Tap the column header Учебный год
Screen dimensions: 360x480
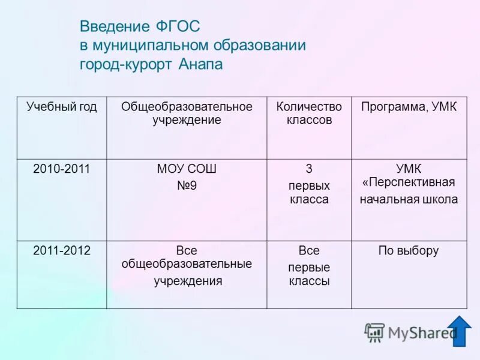click(x=61, y=107)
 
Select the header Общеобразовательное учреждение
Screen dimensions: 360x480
click(x=187, y=113)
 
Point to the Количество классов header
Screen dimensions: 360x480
click(x=309, y=113)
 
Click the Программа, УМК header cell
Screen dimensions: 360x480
click(x=409, y=107)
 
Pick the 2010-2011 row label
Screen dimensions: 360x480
click(x=61, y=169)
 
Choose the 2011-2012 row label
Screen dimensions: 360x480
click(x=61, y=251)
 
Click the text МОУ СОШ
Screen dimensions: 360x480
click(x=187, y=169)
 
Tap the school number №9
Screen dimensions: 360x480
click(x=187, y=186)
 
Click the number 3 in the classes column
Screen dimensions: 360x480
click(x=309, y=169)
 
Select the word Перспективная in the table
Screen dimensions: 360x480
click(x=411, y=182)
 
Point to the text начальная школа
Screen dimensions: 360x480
click(x=409, y=200)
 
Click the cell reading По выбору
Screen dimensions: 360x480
click(x=409, y=251)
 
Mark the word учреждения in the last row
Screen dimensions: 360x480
click(x=187, y=281)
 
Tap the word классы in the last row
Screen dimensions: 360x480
click(x=309, y=281)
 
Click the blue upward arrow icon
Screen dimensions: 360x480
click(x=459, y=331)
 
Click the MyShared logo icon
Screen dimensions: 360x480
click(x=375, y=332)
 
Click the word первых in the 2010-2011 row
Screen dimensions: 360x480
click(x=309, y=186)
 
